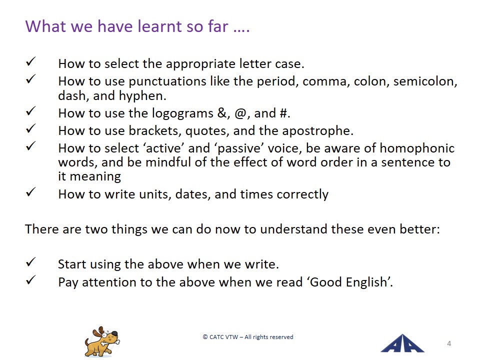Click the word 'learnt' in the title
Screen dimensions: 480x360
pos(159,26)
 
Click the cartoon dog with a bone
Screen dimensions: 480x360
pos(102,342)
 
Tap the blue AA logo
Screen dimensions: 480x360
pos(402,343)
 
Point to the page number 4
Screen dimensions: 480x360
pos(449,343)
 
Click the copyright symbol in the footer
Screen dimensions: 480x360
pos(205,337)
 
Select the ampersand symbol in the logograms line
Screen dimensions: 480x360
pos(222,113)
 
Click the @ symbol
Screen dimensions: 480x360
pos(240,113)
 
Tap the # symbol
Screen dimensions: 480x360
pos(283,113)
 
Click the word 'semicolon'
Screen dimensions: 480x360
pos(424,81)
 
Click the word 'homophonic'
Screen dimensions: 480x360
pos(417,148)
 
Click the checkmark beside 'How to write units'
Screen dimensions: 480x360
pos(31,192)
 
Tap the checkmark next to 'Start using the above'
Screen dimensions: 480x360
pos(31,262)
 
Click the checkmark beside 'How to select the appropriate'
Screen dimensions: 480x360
pos(31,61)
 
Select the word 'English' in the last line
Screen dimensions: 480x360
pos(366,282)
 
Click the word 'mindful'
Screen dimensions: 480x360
pos(168,162)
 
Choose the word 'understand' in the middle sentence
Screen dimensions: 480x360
pos(293,229)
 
